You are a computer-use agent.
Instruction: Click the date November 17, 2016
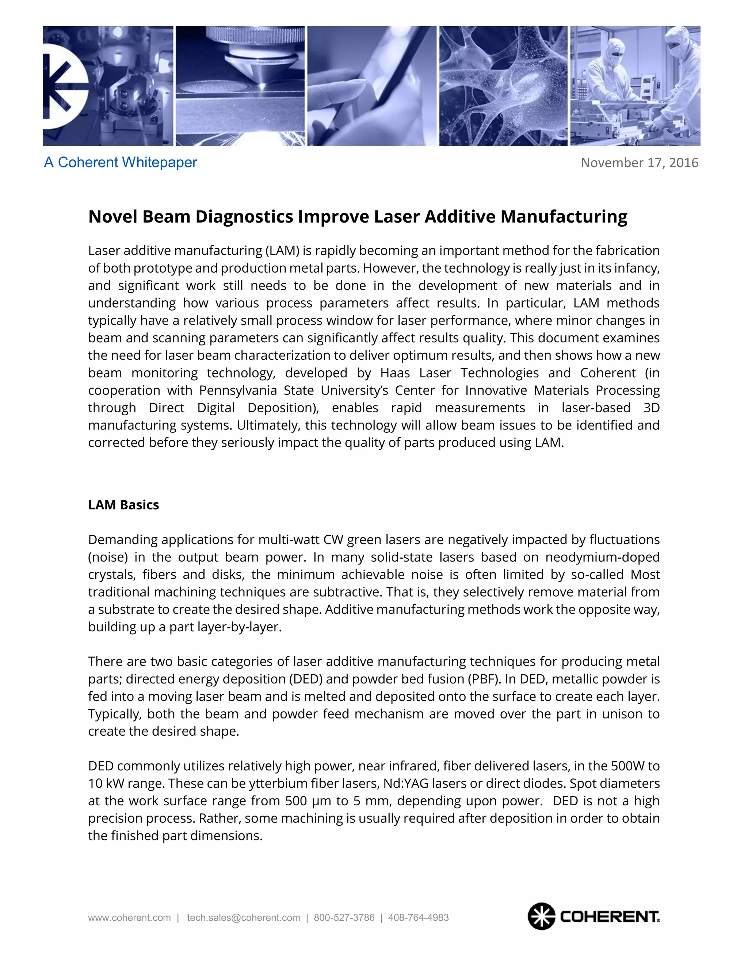[639, 163]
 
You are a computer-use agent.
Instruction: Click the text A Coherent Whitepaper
[120, 162]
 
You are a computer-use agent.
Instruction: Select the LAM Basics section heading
[123, 505]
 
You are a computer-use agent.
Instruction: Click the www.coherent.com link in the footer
[129, 918]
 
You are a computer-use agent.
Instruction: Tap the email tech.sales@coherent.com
[243, 918]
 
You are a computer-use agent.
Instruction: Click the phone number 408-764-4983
[418, 918]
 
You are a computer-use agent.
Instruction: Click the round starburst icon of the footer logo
[541, 916]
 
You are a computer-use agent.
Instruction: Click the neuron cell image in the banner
[503, 86]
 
